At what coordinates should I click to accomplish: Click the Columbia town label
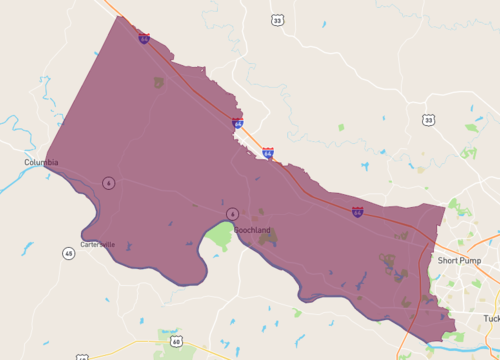(x=41, y=162)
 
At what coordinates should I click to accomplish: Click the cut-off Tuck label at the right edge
(x=491, y=318)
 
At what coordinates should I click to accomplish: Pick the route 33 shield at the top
(x=276, y=20)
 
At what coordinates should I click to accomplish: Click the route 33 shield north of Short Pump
(x=428, y=120)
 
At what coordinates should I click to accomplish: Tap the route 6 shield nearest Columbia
(x=108, y=182)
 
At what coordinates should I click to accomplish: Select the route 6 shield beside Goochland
(x=232, y=214)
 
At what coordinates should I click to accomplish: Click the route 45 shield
(x=68, y=253)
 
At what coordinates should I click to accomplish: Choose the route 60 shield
(x=176, y=342)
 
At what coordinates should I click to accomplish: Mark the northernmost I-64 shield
(x=144, y=39)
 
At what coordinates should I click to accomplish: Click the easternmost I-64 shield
(x=357, y=212)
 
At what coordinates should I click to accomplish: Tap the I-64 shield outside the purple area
(x=268, y=153)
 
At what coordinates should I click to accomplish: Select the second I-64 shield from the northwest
(x=238, y=123)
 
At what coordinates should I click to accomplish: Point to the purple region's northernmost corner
(x=116, y=16)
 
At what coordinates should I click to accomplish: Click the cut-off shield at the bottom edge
(x=81, y=356)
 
